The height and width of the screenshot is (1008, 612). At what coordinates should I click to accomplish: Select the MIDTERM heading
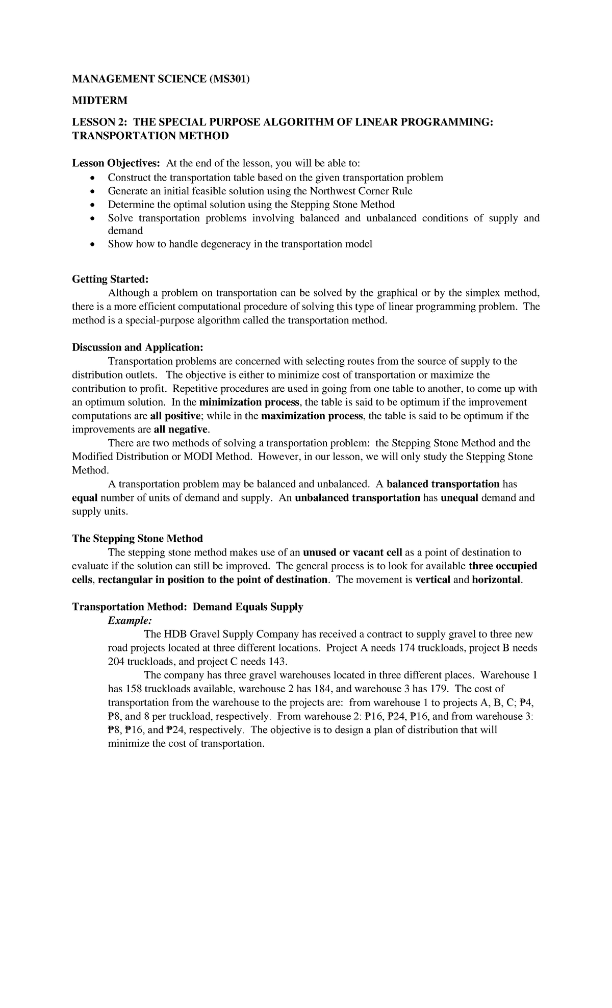[100, 100]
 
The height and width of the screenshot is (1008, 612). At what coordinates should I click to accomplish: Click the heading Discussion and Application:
[138, 347]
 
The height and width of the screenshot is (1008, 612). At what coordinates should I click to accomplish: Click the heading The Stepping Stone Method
[138, 539]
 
